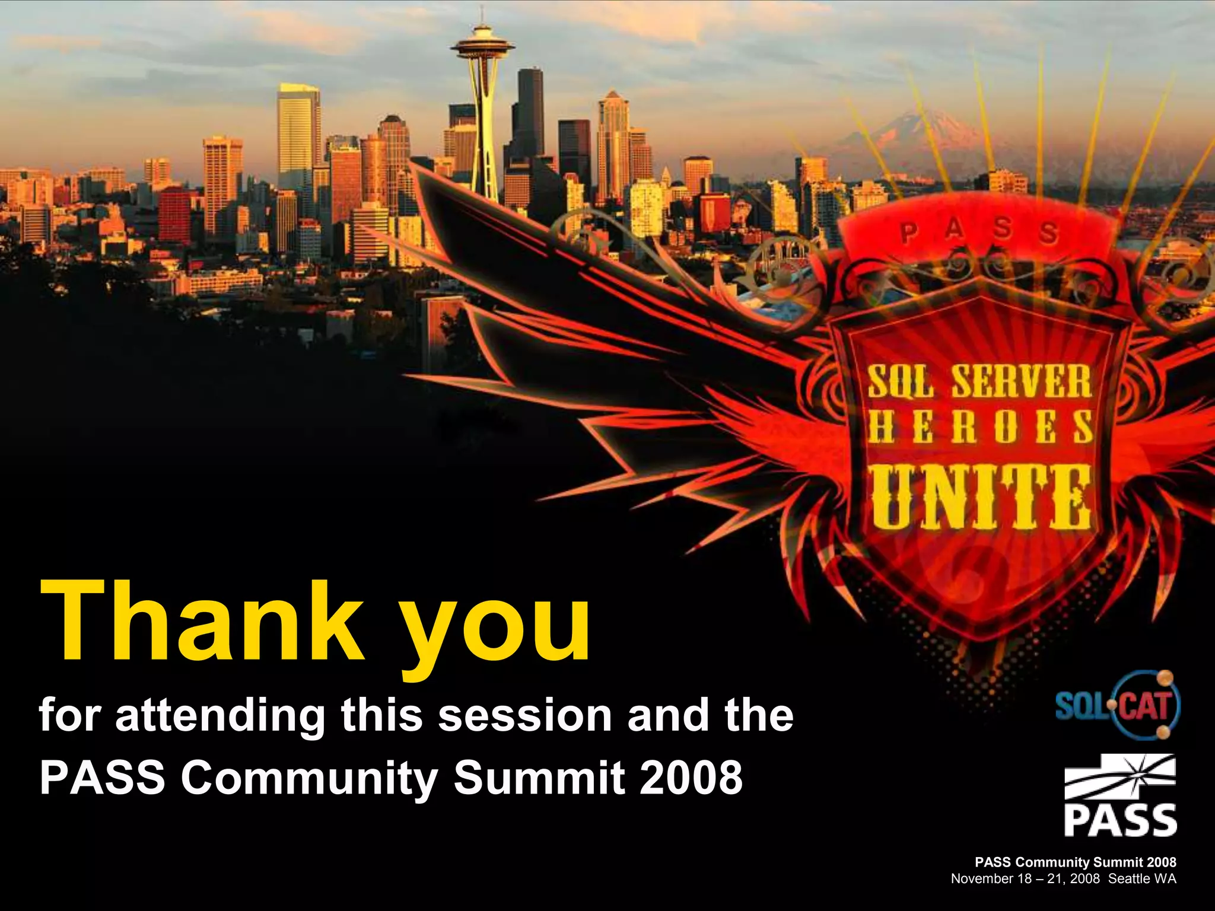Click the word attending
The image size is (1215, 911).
(220, 716)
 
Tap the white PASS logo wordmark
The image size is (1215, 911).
(1120, 820)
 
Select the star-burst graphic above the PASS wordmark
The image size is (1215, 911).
(1120, 776)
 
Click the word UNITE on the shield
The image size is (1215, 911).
(981, 497)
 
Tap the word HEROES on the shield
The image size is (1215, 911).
(979, 427)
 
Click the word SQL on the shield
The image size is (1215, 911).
(900, 383)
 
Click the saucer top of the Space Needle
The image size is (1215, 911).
(482, 46)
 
